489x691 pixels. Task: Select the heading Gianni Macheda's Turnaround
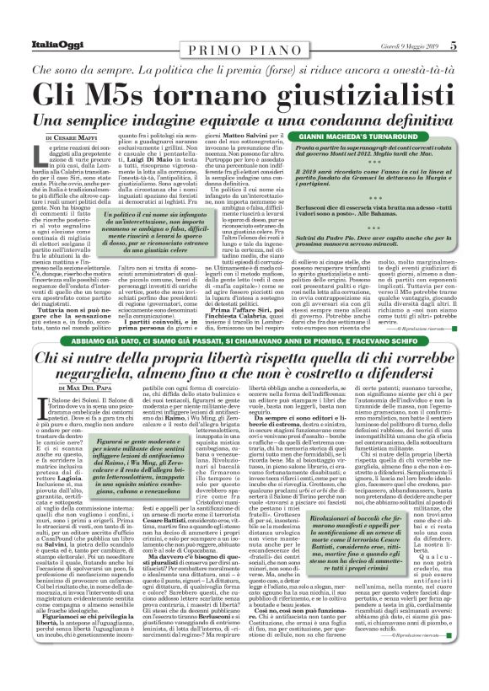[372, 134]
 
